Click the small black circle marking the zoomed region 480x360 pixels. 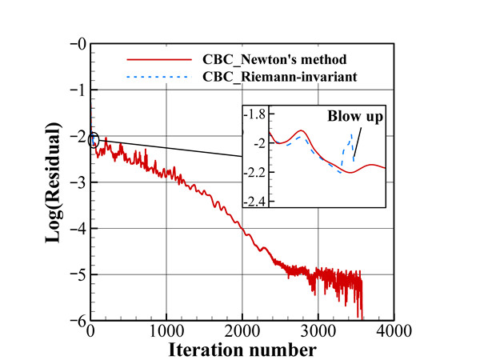94,141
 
